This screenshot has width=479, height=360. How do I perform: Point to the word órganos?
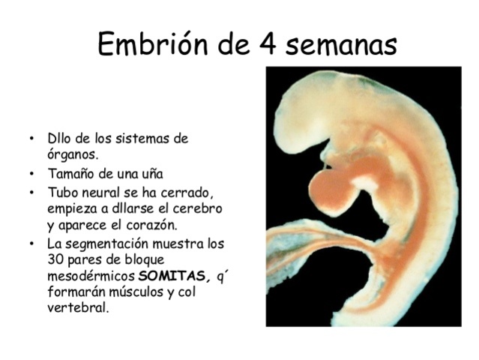[x=73, y=156]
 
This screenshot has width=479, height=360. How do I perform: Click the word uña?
[x=150, y=174]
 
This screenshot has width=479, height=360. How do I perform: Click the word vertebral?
[x=78, y=307]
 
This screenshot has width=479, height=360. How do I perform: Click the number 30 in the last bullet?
[x=55, y=259]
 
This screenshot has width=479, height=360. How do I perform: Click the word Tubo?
[x=62, y=191]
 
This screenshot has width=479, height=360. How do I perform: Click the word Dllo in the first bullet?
[x=61, y=139]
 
